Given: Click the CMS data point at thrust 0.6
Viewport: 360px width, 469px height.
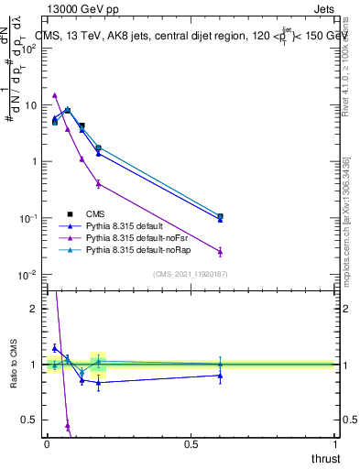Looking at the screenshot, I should point(220,216).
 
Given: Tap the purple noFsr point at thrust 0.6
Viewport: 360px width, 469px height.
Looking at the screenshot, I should point(220,251).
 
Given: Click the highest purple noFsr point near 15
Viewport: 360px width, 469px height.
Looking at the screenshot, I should point(55,94).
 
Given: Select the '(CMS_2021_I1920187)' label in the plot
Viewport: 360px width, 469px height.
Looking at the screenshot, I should point(191,273).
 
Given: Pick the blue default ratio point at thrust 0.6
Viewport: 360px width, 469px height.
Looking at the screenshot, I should point(220,375).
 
